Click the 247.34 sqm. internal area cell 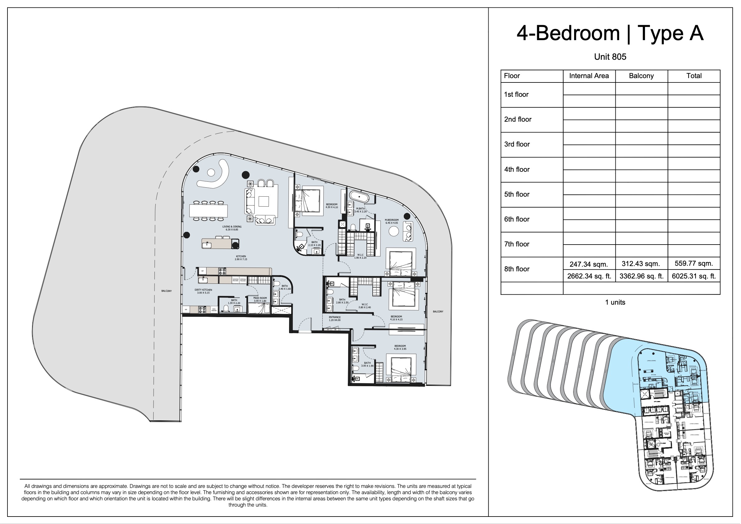click(x=589, y=264)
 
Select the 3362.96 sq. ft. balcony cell click(x=641, y=276)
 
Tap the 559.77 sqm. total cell click(x=693, y=264)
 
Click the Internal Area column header click(x=589, y=76)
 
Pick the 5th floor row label click(x=517, y=194)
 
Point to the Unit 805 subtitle click(x=610, y=57)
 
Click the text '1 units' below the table click(x=615, y=302)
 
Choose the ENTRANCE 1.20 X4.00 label click(x=335, y=319)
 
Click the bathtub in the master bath click(x=358, y=196)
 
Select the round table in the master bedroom click(x=394, y=231)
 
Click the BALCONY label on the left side click(x=167, y=291)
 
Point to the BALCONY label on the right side click(x=438, y=311)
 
